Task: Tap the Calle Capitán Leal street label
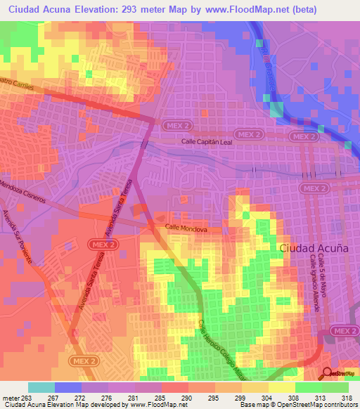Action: coord(207,141)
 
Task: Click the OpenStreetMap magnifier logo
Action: coord(328,375)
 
